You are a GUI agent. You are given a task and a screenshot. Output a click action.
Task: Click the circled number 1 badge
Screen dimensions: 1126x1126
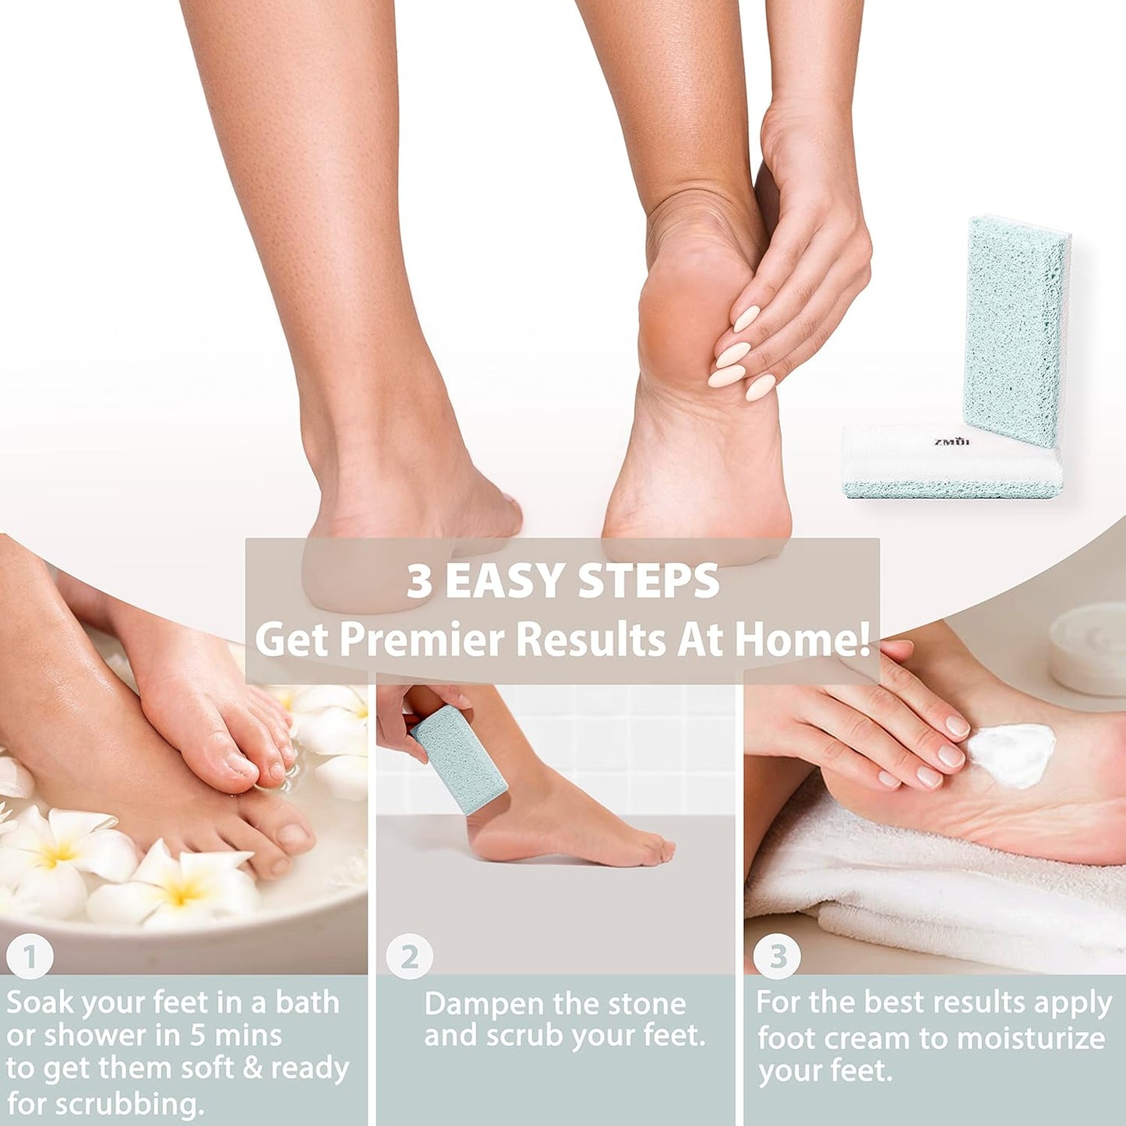pos(30,957)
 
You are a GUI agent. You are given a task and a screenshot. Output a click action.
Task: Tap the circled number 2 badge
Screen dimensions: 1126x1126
pos(409,957)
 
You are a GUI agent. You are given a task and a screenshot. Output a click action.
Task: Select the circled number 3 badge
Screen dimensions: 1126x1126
pos(777,957)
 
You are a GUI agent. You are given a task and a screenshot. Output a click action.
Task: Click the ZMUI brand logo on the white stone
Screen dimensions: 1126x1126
pos(951,442)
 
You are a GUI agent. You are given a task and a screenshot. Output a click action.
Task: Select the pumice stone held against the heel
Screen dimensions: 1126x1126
pos(459,759)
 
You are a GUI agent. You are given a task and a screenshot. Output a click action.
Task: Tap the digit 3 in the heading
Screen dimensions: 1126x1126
pos(419,581)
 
